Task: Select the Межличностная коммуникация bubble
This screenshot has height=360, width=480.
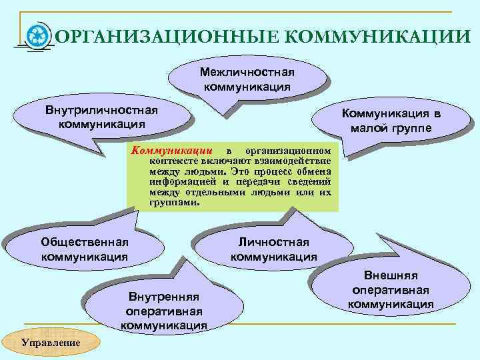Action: tap(247, 79)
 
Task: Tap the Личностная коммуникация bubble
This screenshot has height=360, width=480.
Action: tap(273, 249)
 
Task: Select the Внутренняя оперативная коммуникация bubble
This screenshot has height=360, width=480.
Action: tap(163, 311)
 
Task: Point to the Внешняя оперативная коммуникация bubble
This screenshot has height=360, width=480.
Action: tap(391, 290)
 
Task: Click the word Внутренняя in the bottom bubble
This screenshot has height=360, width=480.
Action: tap(163, 297)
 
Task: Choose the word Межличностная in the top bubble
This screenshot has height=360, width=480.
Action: tap(247, 73)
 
